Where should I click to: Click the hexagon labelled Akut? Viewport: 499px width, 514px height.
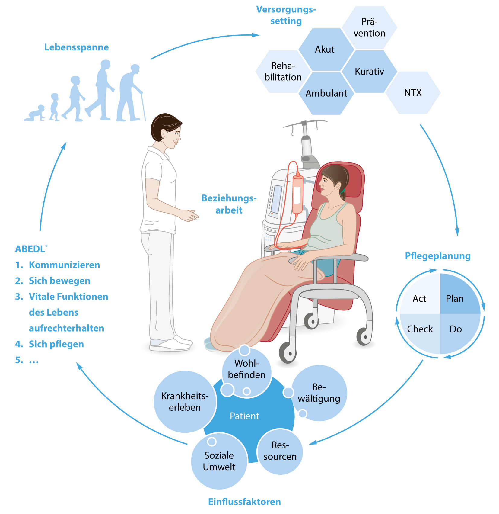[x=325, y=50]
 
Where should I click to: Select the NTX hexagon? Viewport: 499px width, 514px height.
[x=413, y=93]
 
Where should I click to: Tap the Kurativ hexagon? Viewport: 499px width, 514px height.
[x=369, y=72]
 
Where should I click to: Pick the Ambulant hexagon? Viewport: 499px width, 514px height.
[x=326, y=93]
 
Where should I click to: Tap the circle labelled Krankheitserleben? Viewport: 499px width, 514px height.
[x=185, y=402]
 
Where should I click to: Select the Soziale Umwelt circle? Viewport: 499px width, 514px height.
[x=219, y=461]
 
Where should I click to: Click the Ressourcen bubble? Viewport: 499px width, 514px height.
[x=280, y=451]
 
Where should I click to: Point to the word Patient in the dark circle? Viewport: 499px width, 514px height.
[x=244, y=416]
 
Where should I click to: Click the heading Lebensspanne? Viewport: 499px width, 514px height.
[x=76, y=47]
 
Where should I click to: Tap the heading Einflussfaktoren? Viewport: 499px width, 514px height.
[x=244, y=502]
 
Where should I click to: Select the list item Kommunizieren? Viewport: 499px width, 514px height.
[x=64, y=265]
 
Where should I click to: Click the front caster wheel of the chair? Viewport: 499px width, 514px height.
[x=287, y=352]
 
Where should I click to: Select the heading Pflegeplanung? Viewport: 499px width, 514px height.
[x=437, y=256]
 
